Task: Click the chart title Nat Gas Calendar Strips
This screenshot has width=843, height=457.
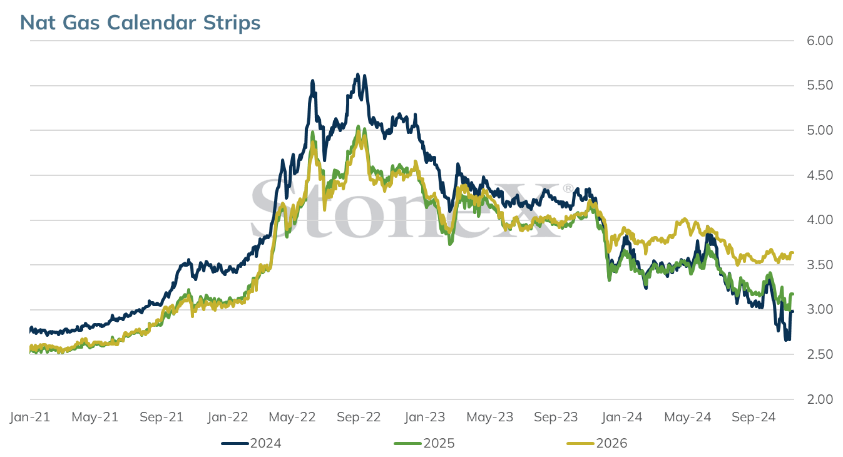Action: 140,23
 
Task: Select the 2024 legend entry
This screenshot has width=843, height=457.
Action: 251,443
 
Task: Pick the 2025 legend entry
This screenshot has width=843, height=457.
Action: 424,443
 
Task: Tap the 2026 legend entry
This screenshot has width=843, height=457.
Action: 597,443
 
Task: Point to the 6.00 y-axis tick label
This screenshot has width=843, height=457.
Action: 820,41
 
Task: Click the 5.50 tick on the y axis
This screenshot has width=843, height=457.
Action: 820,85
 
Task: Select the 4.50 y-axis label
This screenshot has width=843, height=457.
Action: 820,175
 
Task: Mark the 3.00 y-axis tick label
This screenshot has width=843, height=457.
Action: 820,309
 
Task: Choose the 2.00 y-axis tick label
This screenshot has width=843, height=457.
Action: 820,399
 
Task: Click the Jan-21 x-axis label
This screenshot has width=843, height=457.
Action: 30,417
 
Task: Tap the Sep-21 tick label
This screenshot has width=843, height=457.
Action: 161,417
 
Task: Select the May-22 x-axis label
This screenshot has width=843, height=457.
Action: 292,417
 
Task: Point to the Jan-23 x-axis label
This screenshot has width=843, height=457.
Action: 424,417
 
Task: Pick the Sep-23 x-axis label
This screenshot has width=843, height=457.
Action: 556,417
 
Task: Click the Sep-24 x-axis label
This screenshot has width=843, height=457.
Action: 754,417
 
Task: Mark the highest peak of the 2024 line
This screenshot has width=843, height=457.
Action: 358,74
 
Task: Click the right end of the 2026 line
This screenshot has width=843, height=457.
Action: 792,253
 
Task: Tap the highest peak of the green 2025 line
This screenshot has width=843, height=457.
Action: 358,126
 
